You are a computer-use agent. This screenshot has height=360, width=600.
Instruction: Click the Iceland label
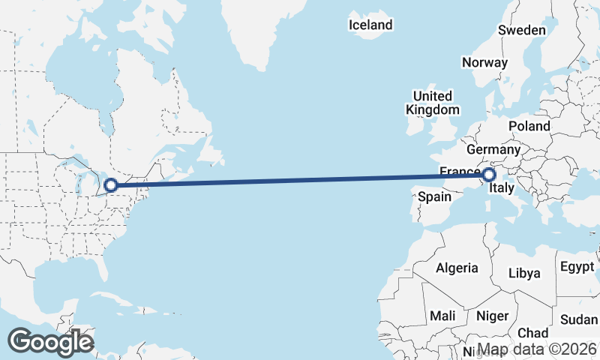click(370, 25)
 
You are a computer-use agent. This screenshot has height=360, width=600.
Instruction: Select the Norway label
click(484, 62)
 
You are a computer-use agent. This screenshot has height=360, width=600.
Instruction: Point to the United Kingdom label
click(433, 103)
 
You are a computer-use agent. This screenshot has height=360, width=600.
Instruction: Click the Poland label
click(529, 126)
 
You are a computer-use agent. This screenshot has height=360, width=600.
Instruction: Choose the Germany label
click(493, 149)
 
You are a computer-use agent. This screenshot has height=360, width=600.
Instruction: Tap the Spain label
click(433, 196)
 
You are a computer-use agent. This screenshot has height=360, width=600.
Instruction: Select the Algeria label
click(457, 268)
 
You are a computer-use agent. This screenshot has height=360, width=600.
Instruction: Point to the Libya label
click(523, 273)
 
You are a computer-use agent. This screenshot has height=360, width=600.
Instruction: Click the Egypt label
click(576, 266)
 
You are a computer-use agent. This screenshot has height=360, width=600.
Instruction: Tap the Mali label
click(442, 316)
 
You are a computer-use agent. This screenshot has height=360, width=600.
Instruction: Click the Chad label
click(532, 332)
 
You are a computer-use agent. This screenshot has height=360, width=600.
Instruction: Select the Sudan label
click(579, 320)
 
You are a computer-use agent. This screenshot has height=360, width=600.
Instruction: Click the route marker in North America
click(111, 184)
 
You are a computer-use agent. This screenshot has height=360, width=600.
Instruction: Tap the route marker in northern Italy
click(489, 175)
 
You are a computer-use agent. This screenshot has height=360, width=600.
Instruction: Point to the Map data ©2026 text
click(537, 349)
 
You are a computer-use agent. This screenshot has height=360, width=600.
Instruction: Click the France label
click(459, 172)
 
